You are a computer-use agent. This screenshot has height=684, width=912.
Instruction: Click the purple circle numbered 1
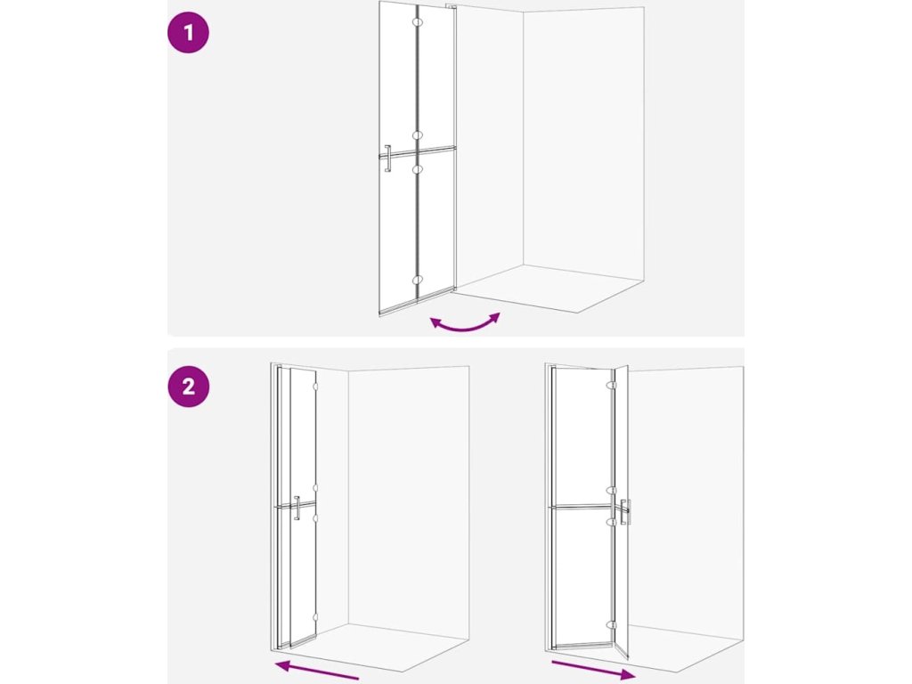tap(189, 33)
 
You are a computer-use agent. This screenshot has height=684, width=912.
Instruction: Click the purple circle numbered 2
tap(189, 387)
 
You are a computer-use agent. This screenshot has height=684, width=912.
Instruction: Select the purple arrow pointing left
tap(317, 671)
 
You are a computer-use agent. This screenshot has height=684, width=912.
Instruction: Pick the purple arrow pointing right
tap(593, 671)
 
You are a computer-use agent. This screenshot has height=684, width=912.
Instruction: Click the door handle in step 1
tap(387, 159)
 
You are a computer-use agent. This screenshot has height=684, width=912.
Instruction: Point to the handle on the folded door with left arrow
tap(297, 508)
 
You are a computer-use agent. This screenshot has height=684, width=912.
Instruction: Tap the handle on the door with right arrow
tap(625, 512)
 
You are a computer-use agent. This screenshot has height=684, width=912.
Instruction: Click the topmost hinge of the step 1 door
tap(417, 22)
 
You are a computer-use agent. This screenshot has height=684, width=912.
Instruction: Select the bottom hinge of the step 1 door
tap(417, 281)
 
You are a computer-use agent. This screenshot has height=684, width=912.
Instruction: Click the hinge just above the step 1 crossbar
tap(417, 135)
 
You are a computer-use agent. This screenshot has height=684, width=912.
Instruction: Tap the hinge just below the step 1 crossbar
tap(417, 169)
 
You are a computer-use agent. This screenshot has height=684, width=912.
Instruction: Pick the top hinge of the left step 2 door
tap(315, 387)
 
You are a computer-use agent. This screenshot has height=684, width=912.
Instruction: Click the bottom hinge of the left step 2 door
tap(315, 618)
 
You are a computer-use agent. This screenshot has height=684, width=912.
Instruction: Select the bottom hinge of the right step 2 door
tap(611, 625)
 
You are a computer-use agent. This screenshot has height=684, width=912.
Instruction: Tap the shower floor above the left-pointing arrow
tap(377, 647)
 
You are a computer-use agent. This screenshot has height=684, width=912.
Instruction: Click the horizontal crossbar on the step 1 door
tap(419, 152)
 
